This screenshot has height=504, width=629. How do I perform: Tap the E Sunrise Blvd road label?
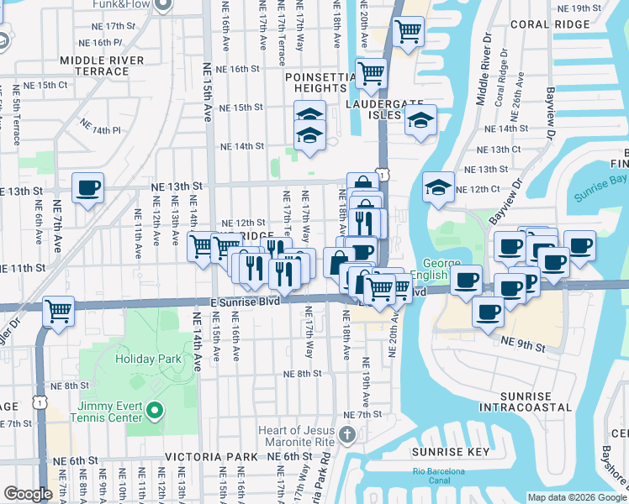click(249, 302)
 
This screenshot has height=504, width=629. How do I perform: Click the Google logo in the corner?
click(28, 494)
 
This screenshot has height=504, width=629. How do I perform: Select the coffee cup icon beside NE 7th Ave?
click(87, 188)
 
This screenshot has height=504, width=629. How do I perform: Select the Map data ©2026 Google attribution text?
click(577, 497)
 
